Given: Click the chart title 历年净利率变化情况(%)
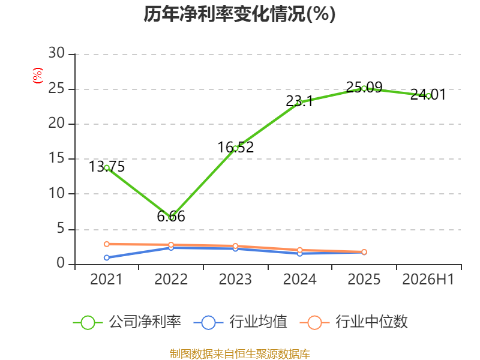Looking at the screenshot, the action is pyautogui.click(x=239, y=14).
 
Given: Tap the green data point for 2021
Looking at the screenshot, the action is pyautogui.click(x=107, y=168).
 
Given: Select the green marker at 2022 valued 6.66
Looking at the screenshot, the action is pyautogui.click(x=171, y=217).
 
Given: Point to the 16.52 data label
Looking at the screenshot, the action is pyautogui.click(x=236, y=147).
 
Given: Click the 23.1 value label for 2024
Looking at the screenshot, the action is pyautogui.click(x=299, y=101).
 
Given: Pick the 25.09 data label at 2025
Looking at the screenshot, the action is pyautogui.click(x=364, y=87).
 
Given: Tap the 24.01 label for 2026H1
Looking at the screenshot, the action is pyautogui.click(x=428, y=94).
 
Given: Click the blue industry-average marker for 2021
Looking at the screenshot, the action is pyautogui.click(x=107, y=258).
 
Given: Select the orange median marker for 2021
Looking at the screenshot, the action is pyautogui.click(x=107, y=244).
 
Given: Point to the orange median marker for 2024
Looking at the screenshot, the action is pyautogui.click(x=300, y=250).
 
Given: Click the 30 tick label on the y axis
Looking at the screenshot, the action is pyautogui.click(x=56, y=53).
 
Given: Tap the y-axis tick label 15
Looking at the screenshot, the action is pyautogui.click(x=56, y=158).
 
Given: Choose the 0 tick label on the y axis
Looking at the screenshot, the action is pyautogui.click(x=61, y=263).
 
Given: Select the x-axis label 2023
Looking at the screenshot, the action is pyautogui.click(x=235, y=279).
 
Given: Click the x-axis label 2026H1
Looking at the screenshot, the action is pyautogui.click(x=428, y=279).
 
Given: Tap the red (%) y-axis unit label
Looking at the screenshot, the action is pyautogui.click(x=38, y=76).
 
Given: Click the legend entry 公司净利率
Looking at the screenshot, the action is pyautogui.click(x=127, y=322).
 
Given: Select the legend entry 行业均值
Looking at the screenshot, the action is pyautogui.click(x=241, y=322).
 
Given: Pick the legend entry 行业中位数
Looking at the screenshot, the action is pyautogui.click(x=354, y=322).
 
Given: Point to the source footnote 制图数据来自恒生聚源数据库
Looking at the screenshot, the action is pyautogui.click(x=240, y=354).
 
